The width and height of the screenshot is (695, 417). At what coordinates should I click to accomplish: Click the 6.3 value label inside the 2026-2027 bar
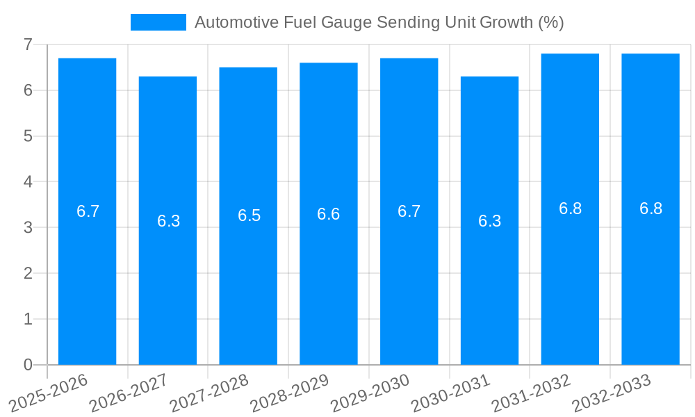coord(168,221)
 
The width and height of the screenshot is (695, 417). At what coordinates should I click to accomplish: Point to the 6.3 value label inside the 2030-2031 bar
coord(489,221)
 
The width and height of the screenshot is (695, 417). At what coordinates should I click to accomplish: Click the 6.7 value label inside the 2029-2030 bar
coord(409,211)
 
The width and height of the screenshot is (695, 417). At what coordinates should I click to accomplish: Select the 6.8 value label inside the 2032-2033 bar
coord(651,208)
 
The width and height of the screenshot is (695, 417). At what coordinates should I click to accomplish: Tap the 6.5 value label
coord(249,215)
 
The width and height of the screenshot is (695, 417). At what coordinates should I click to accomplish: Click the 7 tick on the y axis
coord(28,44)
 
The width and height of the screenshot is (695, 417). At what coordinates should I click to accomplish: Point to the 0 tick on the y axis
coord(28,365)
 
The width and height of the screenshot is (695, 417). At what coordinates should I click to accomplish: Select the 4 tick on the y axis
coord(28,182)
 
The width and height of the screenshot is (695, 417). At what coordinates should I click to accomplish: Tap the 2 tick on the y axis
coord(28,273)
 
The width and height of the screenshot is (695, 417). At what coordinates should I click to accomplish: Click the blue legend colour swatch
coord(158,22)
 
